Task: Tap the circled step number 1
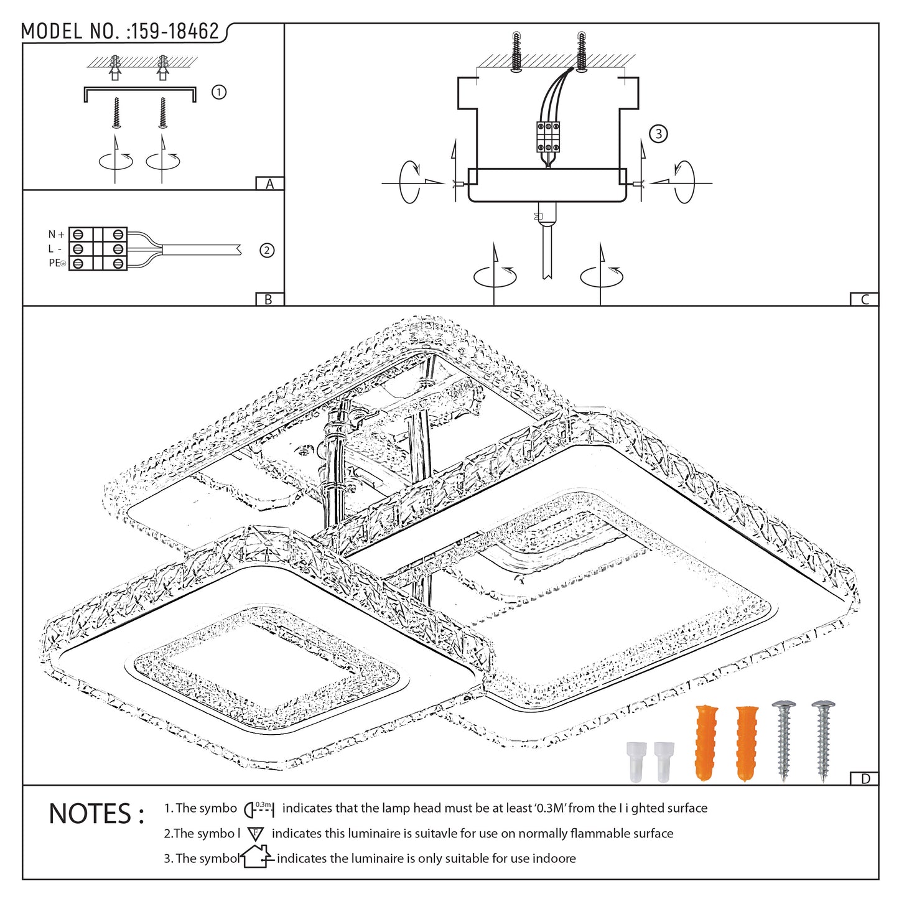tap(218, 92)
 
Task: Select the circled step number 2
tap(267, 250)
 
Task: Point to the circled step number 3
tap(658, 134)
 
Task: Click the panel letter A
tap(269, 184)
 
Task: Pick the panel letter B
tap(269, 299)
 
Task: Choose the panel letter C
tap(864, 299)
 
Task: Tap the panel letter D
tap(865, 779)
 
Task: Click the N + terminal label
tap(56, 235)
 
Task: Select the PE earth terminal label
tap(57, 263)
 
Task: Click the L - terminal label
tap(55, 249)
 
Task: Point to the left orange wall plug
tap(706, 742)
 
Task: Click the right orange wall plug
tap(747, 742)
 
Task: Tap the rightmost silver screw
tap(823, 740)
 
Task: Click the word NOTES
tap(96, 814)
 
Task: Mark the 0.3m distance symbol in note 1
tap(259, 809)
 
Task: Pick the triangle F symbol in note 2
tap(255, 834)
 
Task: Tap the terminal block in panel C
tap(547, 137)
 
